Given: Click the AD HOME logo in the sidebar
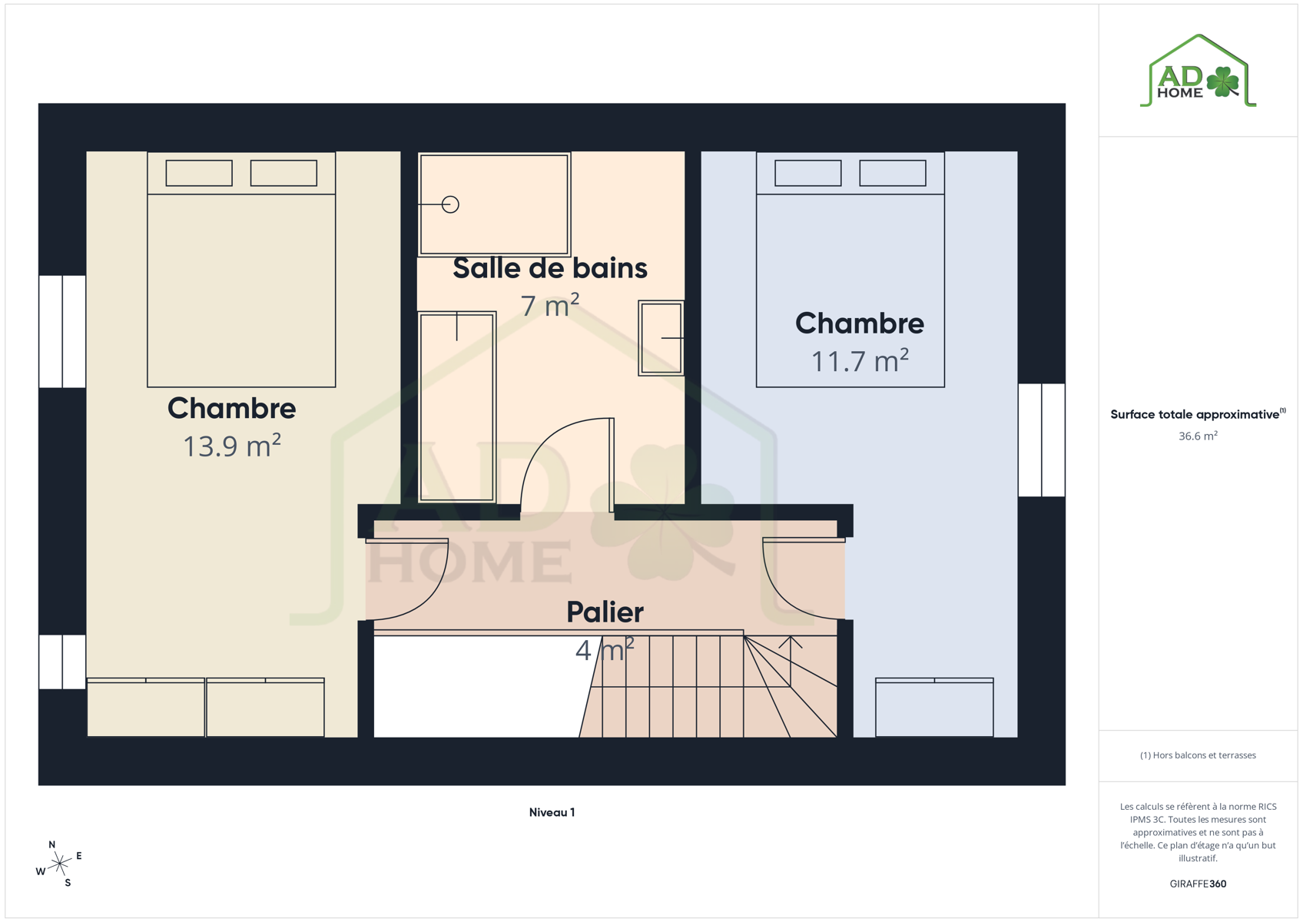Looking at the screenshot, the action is [1198, 71].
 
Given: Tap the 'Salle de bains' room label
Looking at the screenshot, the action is [550, 268].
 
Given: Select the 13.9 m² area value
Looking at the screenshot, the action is [232, 446].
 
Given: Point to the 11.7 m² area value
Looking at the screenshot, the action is [860, 361].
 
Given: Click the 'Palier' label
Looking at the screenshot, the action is [605, 612].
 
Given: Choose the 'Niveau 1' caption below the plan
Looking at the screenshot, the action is [552, 812].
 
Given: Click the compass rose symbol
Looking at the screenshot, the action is [58, 864].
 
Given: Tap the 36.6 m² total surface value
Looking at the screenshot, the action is [1198, 436].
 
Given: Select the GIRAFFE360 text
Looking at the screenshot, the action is [1198, 884].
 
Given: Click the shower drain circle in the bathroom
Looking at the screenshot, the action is [450, 204].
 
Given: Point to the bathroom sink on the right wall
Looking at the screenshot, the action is [661, 338].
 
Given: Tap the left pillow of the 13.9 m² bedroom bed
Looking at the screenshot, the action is [199, 173].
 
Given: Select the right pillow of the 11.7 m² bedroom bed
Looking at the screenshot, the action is [892, 173].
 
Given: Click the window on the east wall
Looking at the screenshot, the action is [1041, 439].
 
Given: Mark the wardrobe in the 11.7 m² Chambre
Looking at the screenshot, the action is [934, 708].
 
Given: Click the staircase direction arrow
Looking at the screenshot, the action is [791, 662].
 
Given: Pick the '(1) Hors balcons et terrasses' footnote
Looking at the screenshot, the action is [1198, 755].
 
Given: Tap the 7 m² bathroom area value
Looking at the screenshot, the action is [550, 305].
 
